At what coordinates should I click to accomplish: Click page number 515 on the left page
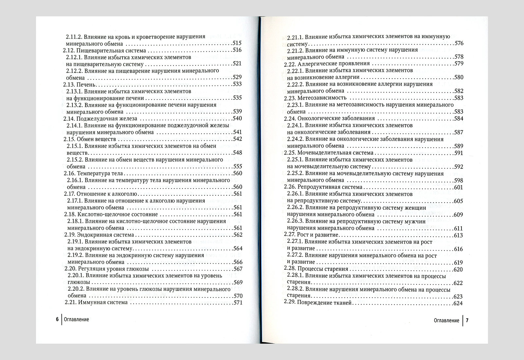(x=236, y=44)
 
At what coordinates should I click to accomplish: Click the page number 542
(x=237, y=139)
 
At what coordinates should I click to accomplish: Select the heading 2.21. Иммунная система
(x=96, y=302)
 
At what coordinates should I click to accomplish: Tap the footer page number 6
(x=57, y=320)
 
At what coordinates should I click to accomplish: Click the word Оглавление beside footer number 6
(x=77, y=320)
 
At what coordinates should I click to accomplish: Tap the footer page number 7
(x=467, y=321)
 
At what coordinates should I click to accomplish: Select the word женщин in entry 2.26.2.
(x=415, y=207)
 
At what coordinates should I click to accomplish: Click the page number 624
(x=458, y=303)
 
